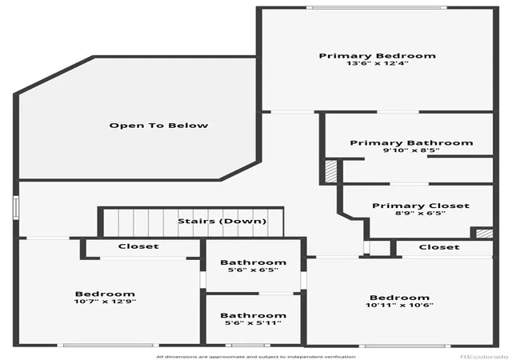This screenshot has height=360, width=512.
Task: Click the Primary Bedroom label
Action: [377, 56]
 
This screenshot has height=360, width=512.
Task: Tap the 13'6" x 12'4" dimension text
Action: [377, 63]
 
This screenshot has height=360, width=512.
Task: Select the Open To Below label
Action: [158, 126]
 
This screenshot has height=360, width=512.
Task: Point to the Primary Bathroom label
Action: [411, 142]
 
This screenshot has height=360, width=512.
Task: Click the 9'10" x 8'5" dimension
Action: [411, 150]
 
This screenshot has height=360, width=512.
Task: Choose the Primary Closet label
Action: [421, 206]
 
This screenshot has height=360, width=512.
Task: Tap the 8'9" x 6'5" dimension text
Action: [421, 214]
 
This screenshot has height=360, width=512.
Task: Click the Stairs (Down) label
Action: [222, 221]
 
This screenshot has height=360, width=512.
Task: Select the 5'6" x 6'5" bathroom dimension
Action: [253, 270]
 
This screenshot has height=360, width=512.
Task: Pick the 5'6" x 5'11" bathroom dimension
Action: [253, 323]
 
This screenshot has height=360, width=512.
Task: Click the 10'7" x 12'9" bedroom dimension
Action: [105, 301]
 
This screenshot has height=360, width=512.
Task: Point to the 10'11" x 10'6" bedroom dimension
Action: [399, 305]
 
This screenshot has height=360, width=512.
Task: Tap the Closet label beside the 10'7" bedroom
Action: [138, 246]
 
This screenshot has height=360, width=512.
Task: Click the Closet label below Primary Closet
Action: [439, 247]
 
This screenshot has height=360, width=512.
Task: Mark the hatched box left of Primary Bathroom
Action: [330, 171]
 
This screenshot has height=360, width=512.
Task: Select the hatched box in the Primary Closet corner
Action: [484, 234]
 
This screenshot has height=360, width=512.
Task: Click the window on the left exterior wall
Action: [16, 207]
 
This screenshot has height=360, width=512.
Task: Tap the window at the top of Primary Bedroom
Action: [377, 7]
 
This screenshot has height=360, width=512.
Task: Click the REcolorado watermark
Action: [484, 357]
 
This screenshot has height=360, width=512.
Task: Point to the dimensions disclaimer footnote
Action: [256, 357]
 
